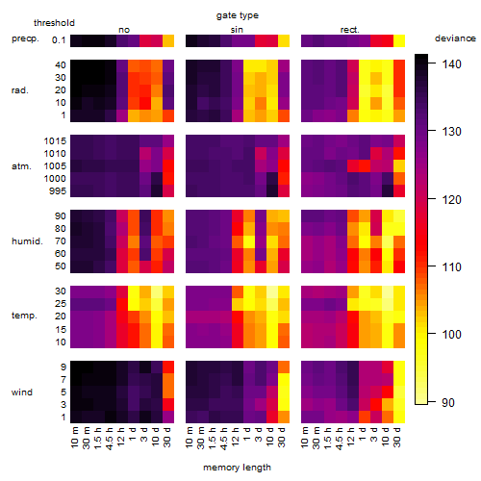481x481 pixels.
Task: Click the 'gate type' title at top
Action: pyautogui.click(x=238, y=15)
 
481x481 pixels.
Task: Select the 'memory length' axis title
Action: pyautogui.click(x=237, y=468)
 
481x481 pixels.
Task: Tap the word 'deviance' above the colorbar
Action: pyautogui.click(x=455, y=38)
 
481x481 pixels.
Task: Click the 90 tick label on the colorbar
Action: pyautogui.click(x=448, y=403)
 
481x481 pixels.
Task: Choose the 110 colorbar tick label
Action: pyautogui.click(x=451, y=266)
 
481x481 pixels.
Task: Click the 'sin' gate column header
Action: pyautogui.click(x=237, y=30)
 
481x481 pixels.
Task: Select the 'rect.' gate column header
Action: pyautogui.click(x=350, y=30)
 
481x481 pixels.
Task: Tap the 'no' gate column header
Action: pyautogui.click(x=124, y=30)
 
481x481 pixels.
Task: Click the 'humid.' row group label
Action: pyautogui.click(x=27, y=241)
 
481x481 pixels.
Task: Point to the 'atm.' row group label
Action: pyautogui.click(x=21, y=166)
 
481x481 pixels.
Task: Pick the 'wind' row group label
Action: pyautogui.click(x=22, y=392)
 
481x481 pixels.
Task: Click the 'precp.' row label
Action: pyautogui.click(x=25, y=38)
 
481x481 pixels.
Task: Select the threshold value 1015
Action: pyautogui.click(x=55, y=141)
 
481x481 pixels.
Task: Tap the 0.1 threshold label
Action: pyautogui.click(x=59, y=40)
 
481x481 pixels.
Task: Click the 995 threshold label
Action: pyautogui.click(x=58, y=191)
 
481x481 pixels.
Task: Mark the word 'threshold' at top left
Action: pyautogui.click(x=54, y=23)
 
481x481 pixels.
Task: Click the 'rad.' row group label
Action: pyautogui.click(x=20, y=90)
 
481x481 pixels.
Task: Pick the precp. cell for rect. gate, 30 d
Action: pyautogui.click(x=399, y=41)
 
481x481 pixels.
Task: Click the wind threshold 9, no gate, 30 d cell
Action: pyautogui.click(x=168, y=367)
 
